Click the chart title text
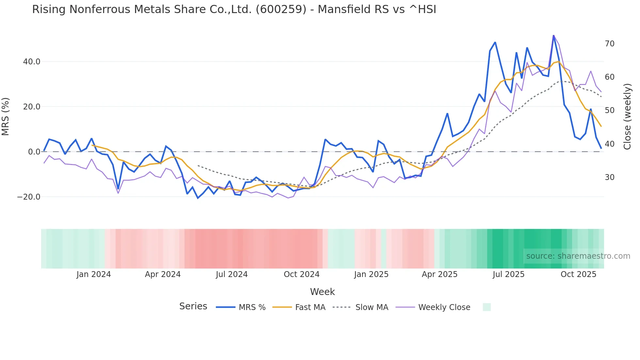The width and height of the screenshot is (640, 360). click(x=234, y=9)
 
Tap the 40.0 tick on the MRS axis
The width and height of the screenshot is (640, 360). click(x=32, y=62)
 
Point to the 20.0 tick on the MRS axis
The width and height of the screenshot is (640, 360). click(x=32, y=107)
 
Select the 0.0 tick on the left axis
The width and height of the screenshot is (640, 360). click(x=34, y=152)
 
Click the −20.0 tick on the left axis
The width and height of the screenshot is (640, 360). click(x=29, y=197)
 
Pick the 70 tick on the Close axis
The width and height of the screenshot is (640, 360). click(x=609, y=44)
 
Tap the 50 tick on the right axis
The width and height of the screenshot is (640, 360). click(x=609, y=110)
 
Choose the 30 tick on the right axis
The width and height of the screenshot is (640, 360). click(x=609, y=177)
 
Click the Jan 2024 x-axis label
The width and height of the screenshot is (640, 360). click(x=94, y=274)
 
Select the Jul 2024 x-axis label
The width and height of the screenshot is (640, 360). click(x=232, y=274)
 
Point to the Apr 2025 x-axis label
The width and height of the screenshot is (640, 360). click(x=440, y=274)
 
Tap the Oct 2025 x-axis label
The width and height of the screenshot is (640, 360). click(x=578, y=274)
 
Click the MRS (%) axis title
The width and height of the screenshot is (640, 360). click(x=6, y=116)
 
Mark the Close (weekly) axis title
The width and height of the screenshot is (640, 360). click(x=627, y=116)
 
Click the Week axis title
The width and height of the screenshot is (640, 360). click(x=322, y=292)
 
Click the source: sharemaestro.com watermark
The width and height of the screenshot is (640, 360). click(x=578, y=256)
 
